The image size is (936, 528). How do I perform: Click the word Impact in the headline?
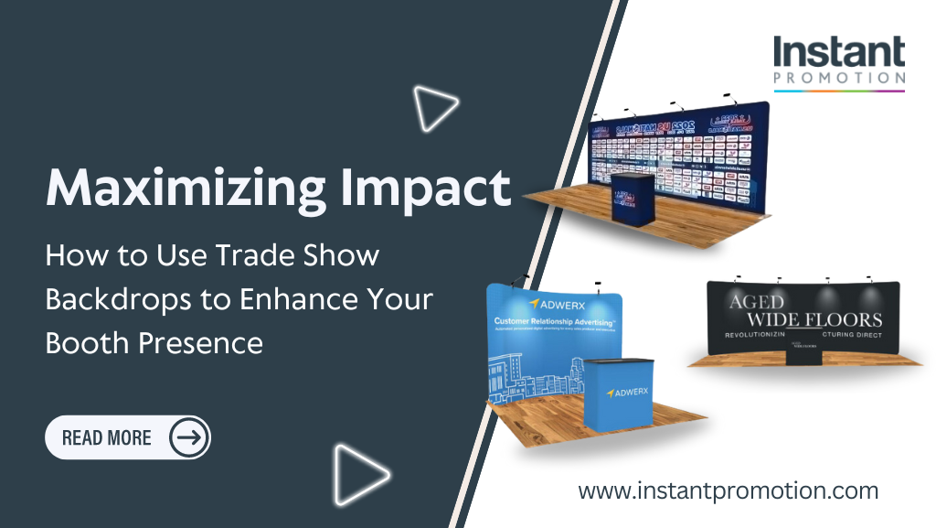[x=433, y=189]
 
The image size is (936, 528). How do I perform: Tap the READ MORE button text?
[x=106, y=437]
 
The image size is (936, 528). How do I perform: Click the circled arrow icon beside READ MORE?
[x=189, y=437]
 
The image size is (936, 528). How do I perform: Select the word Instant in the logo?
[x=839, y=53]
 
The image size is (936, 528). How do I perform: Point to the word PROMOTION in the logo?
[x=839, y=79]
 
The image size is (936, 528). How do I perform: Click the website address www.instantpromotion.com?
[x=728, y=490]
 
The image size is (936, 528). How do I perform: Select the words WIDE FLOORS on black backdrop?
[x=814, y=319]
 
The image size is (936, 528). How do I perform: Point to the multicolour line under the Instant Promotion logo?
[x=839, y=91]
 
